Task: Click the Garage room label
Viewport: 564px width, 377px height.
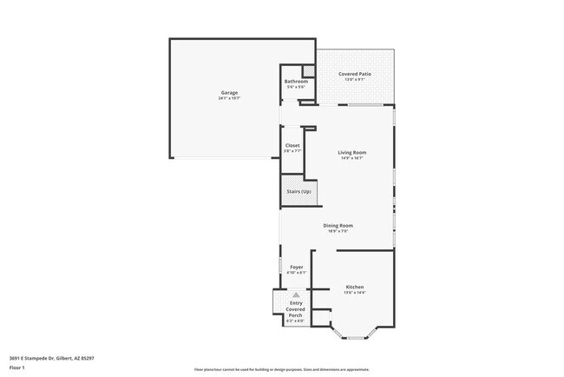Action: (228, 92)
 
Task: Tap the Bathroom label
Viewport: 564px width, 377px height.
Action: (296, 82)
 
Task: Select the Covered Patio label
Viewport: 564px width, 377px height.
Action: (355, 75)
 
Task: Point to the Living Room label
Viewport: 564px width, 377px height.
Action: (352, 152)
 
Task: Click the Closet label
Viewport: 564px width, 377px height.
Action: (292, 146)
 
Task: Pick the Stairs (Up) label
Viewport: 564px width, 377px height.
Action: (298, 191)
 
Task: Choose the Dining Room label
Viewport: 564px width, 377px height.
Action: (338, 226)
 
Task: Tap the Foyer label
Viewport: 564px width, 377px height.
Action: (296, 267)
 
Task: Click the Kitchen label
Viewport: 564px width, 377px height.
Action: (354, 287)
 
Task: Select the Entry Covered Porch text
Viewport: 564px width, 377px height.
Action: (296, 309)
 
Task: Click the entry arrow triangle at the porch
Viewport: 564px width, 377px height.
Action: (296, 295)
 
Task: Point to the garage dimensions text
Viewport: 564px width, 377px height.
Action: (228, 98)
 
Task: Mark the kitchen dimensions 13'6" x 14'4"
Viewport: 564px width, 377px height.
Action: (354, 293)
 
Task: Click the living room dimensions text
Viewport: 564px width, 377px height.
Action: (352, 158)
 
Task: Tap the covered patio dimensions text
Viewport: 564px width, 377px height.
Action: (355, 81)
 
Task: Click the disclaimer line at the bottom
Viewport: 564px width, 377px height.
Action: (281, 368)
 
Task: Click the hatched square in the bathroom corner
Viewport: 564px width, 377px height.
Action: (305, 71)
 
